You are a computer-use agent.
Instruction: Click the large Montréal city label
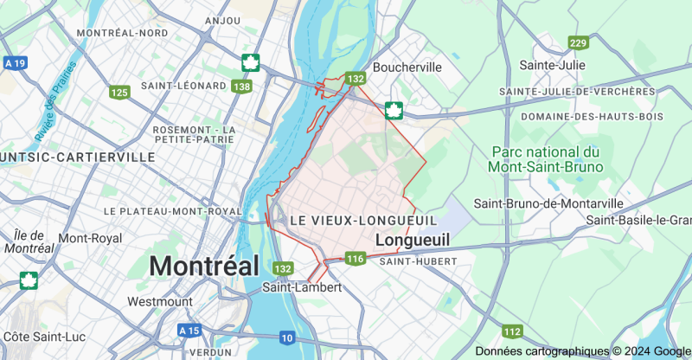(204, 266)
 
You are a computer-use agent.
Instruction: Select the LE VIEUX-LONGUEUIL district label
(362, 221)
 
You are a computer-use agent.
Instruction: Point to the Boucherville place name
(407, 67)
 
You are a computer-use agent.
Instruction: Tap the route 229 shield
(578, 43)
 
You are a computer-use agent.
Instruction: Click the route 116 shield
(355, 259)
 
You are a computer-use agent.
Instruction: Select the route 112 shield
(512, 331)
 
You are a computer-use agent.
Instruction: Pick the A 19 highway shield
(15, 63)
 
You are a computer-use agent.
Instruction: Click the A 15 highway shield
(189, 331)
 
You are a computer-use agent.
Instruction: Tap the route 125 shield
(119, 92)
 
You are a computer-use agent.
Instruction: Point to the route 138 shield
(242, 86)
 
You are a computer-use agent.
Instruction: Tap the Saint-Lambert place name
(302, 287)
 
